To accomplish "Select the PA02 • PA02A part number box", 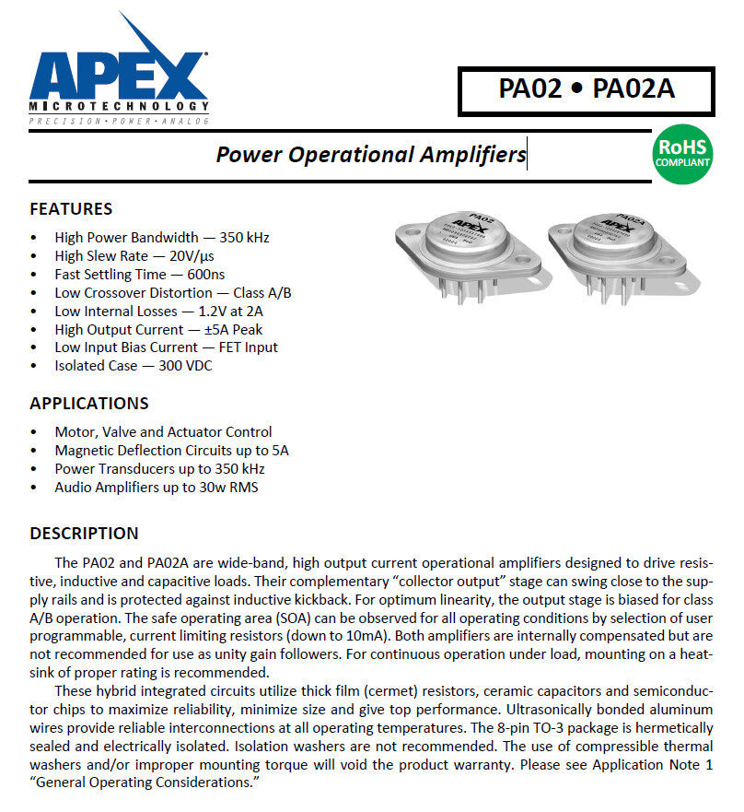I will pos(587,89).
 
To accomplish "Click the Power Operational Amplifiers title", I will pos(370,154).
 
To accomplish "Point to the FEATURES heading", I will pos(71,209).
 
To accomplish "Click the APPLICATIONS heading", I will pos(88,404).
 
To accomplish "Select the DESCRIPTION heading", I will pos(84,534).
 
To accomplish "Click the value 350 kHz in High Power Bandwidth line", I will pos(244,238).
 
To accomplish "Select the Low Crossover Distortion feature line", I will pos(173,293).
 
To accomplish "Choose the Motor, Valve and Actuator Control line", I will pos(163,432).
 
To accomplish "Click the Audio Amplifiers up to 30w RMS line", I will pos(156,488).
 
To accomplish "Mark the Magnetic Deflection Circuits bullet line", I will pos(171,451).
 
